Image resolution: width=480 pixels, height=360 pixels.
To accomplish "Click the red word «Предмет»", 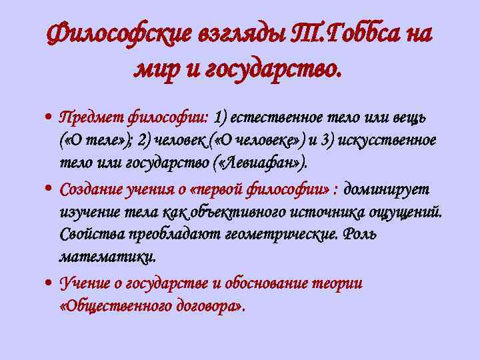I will point(87,118).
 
